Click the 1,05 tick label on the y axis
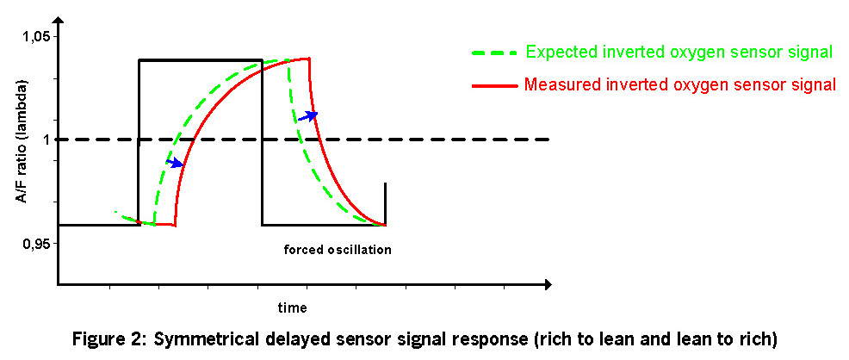pos(34,37)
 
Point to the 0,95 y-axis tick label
pos(34,243)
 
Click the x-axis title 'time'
pos(293,308)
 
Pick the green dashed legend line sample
pos(495,53)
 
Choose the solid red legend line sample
pos(495,85)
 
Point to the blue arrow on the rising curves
pos(176,163)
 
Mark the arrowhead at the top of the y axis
pos(59,23)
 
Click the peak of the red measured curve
pos(308,59)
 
